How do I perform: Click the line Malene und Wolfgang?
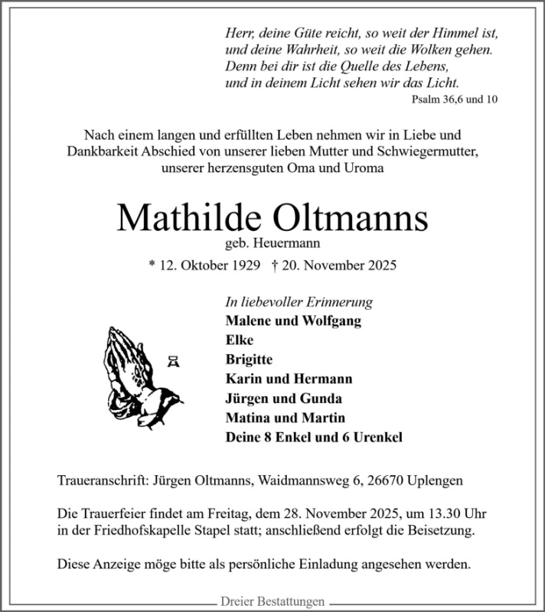coord(293,321)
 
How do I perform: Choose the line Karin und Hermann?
coord(289,379)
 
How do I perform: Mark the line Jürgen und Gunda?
coord(284,399)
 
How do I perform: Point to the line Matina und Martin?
coord(286,418)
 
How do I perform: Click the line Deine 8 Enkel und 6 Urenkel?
coord(314,438)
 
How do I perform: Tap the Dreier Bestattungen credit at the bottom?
coord(272,601)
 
